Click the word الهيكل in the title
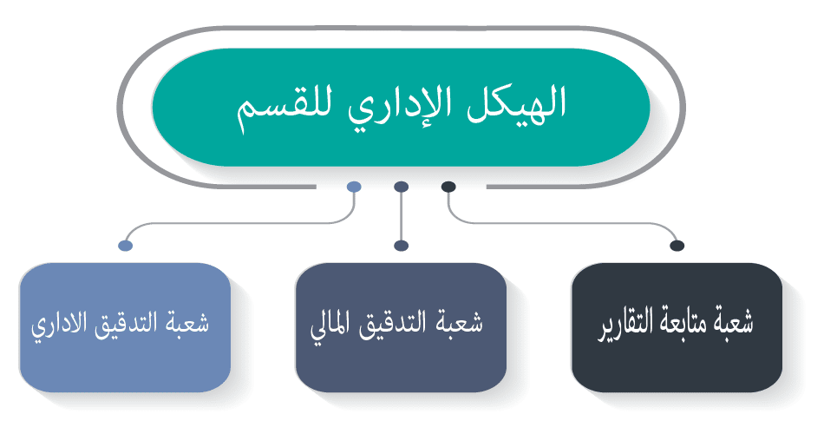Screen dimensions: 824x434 pyautogui.click(x=515, y=103)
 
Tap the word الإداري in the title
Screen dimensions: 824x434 pyautogui.click(x=399, y=105)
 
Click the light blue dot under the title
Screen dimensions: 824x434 pyautogui.click(x=354, y=187)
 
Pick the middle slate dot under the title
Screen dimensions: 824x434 pyautogui.click(x=401, y=187)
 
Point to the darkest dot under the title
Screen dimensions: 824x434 pyautogui.click(x=448, y=187)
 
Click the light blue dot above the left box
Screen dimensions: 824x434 pyautogui.click(x=126, y=246)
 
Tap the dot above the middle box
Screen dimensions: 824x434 pyautogui.click(x=401, y=246)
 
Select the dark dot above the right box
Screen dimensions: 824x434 pyautogui.click(x=677, y=246)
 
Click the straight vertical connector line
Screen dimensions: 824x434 pyautogui.click(x=401, y=216)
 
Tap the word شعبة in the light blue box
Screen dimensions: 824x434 pyautogui.click(x=189, y=322)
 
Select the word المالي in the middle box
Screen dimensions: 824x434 pyautogui.click(x=332, y=325)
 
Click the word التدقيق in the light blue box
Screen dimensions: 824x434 pyautogui.click(x=126, y=324)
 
